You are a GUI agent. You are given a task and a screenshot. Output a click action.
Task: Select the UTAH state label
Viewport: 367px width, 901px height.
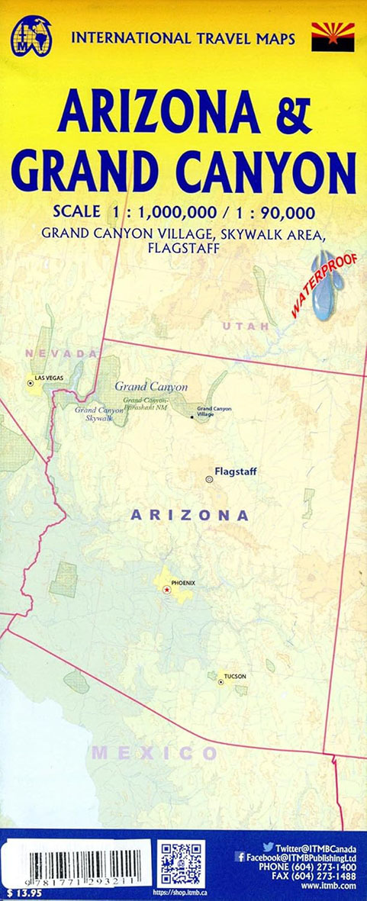245,326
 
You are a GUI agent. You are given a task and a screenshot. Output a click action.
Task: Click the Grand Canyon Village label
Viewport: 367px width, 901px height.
214,412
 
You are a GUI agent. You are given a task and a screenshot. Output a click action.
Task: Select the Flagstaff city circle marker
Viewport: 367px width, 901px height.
209,478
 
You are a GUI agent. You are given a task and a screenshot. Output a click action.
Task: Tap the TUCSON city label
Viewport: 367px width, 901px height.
235,677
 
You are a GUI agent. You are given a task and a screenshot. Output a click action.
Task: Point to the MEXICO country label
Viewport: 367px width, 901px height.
155,753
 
